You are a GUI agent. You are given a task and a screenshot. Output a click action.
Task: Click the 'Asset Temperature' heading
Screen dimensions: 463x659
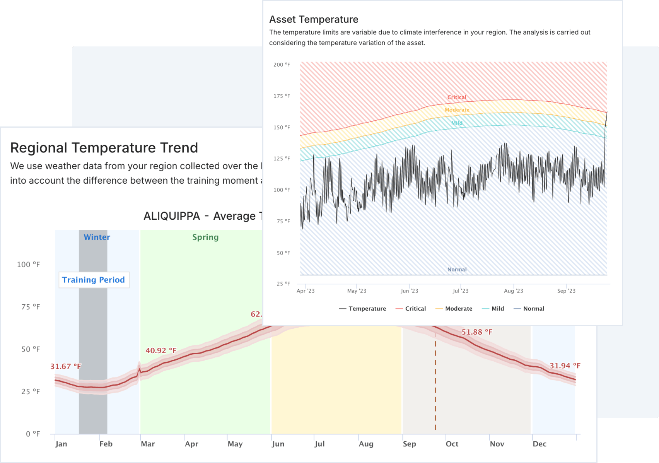[314, 19]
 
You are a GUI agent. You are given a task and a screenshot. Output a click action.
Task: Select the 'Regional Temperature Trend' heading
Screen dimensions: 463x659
[104, 148]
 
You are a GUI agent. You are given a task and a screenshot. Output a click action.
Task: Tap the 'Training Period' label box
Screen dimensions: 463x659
[94, 280]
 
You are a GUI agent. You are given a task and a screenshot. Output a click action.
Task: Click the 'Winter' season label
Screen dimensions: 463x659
[97, 237]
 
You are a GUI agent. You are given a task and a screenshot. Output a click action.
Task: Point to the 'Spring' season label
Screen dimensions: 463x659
[205, 237]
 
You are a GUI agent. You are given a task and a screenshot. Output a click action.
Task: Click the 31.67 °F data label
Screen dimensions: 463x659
[66, 366]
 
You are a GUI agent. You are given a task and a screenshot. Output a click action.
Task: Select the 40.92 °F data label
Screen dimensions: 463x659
[161, 350]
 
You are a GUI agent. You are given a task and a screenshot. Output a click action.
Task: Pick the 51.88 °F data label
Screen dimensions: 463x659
[477, 332]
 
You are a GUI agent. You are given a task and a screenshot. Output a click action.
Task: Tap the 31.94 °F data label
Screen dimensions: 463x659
[565, 366]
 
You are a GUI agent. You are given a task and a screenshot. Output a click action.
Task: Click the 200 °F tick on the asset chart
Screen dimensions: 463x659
[282, 65]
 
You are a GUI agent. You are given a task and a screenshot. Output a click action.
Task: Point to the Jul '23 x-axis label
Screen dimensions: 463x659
[460, 291]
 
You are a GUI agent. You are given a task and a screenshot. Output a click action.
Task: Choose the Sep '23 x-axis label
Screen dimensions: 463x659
[566, 291]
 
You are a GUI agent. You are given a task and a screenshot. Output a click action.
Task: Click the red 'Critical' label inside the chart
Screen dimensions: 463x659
[457, 97]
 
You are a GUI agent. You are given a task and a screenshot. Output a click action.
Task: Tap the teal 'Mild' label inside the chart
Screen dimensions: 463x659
[457, 123]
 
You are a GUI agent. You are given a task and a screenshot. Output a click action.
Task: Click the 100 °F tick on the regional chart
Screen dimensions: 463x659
[28, 265]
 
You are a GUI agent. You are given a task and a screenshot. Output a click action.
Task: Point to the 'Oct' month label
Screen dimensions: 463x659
[452, 444]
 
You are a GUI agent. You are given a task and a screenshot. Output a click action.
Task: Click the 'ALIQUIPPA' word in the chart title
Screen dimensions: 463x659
[172, 216]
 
